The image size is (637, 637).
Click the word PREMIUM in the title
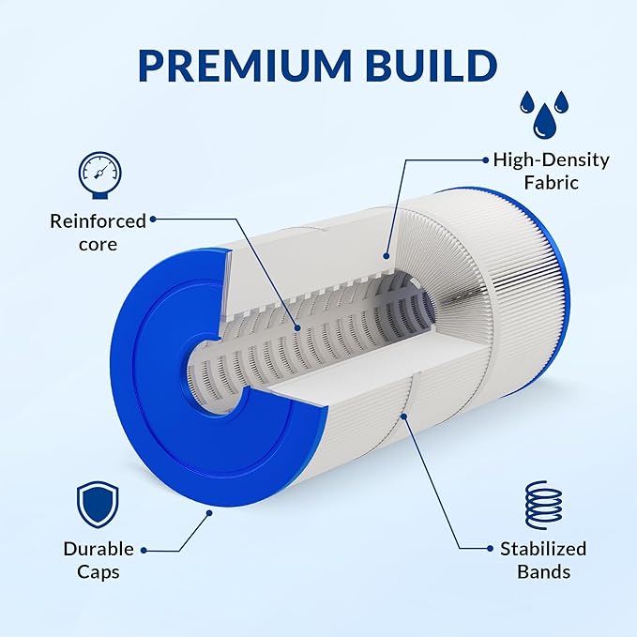[245, 65]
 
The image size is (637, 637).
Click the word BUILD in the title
[432, 65]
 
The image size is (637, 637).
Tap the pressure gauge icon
[100, 175]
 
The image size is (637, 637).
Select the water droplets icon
[544, 114]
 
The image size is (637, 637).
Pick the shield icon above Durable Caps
[98, 505]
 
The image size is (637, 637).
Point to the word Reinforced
[98, 221]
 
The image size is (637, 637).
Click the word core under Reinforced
[98, 245]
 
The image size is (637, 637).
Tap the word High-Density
[552, 160]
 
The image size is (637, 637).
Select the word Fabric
[552, 182]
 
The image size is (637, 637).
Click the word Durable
[99, 549]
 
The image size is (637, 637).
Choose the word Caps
[99, 572]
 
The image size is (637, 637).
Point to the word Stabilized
[543, 549]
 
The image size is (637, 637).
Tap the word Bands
[543, 572]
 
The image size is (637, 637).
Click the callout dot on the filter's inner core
[297, 327]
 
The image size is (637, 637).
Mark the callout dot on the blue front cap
[209, 513]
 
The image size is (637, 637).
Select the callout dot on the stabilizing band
[404, 416]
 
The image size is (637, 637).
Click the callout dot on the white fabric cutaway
[387, 256]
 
